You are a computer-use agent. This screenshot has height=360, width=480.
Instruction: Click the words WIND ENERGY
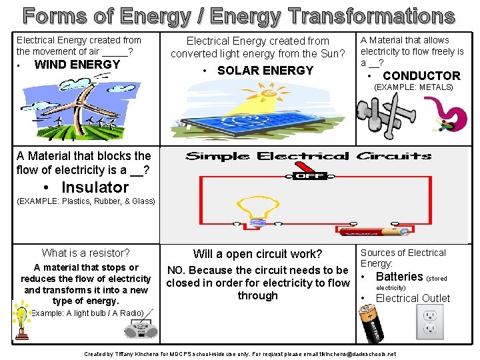coord(77,65)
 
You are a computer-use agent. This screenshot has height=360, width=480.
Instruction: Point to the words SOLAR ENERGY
coord(265,70)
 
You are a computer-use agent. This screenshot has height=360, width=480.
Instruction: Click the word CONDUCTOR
coord(421,75)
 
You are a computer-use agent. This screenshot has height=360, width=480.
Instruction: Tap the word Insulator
coord(95,187)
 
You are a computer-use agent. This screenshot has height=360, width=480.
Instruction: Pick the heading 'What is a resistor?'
coord(85,253)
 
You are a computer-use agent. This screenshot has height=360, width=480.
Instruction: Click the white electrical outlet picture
coord(429,322)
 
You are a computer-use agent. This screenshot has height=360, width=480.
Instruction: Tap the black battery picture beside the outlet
coord(374,322)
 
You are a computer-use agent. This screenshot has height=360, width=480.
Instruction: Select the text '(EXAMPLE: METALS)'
coord(413,87)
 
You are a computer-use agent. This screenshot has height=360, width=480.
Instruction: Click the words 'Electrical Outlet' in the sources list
coord(413,298)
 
